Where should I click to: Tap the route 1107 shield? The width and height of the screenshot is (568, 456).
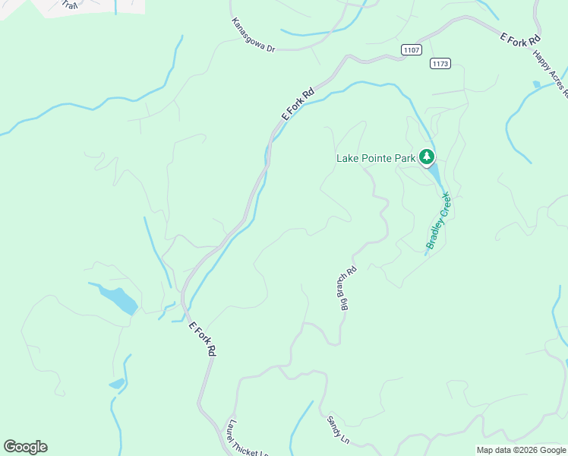pos(412,50)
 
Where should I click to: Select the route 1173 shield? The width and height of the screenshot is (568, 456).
pos(440,63)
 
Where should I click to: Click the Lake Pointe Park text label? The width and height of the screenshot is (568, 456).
pos(377,158)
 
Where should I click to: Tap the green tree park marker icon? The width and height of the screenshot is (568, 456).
pos(427,157)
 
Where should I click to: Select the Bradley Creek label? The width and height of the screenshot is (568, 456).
pos(438,221)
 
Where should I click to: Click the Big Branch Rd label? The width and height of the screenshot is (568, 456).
pos(346,289)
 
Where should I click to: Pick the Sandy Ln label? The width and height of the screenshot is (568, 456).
pos(338,429)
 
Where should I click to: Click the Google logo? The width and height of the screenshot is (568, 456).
pos(25,447)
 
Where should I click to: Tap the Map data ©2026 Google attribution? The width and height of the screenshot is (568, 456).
pos(520,450)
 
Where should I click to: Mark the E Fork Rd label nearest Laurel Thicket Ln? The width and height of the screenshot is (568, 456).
pos(203,339)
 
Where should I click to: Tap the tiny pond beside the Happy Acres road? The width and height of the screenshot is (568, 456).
pos(537,84)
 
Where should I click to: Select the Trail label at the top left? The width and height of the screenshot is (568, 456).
pos(69,5)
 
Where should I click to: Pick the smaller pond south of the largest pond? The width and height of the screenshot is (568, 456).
pos(116,384)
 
